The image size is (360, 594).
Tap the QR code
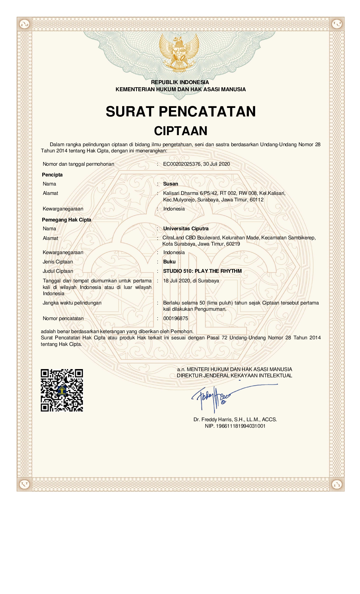[x=62, y=390]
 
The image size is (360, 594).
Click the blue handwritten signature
[x=215, y=396]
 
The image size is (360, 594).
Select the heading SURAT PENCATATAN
[x=181, y=111]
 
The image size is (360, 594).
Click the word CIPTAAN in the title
[x=181, y=131]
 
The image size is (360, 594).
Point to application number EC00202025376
[x=182, y=164]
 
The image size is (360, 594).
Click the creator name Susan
[x=171, y=184]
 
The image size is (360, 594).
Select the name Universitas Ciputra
[x=186, y=229]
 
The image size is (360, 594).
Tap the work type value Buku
[x=169, y=262]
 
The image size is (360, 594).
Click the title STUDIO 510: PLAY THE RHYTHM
[x=202, y=271]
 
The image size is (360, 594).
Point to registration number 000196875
[x=175, y=318]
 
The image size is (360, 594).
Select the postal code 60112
[x=257, y=200]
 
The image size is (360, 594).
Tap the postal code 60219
[x=233, y=244]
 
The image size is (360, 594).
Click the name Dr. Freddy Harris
[x=213, y=420]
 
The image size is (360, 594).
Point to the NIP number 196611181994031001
[x=241, y=426]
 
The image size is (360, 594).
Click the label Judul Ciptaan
[x=58, y=271]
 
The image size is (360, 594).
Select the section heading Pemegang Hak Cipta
[x=67, y=220]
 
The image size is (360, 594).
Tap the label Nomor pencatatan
[x=63, y=318]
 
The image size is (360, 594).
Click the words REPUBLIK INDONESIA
[x=180, y=82]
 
